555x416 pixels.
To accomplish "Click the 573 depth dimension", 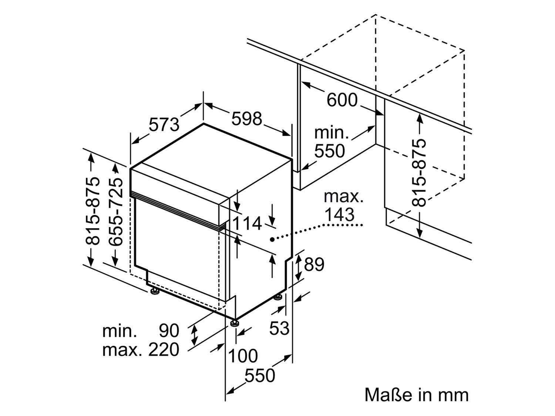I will pos(164,124).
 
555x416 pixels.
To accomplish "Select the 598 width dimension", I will pos(247,118).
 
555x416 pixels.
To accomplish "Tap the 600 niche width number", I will pos(342,100).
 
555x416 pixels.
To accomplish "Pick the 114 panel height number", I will pos(247,223).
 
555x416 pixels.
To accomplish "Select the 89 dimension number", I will pos(314,264).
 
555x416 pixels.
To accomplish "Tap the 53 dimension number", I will pos(279,328).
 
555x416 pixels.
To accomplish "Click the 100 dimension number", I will pos(243,356).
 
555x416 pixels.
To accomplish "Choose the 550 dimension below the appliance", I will pos(260,376).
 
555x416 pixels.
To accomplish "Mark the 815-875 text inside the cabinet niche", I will pos(419,172).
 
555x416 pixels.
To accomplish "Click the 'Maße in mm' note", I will pos(416,395).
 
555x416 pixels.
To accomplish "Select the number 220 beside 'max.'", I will pos(164,349).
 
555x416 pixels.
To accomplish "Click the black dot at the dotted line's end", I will pos(272,240).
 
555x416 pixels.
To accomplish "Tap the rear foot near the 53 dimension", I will pos(278,297).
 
